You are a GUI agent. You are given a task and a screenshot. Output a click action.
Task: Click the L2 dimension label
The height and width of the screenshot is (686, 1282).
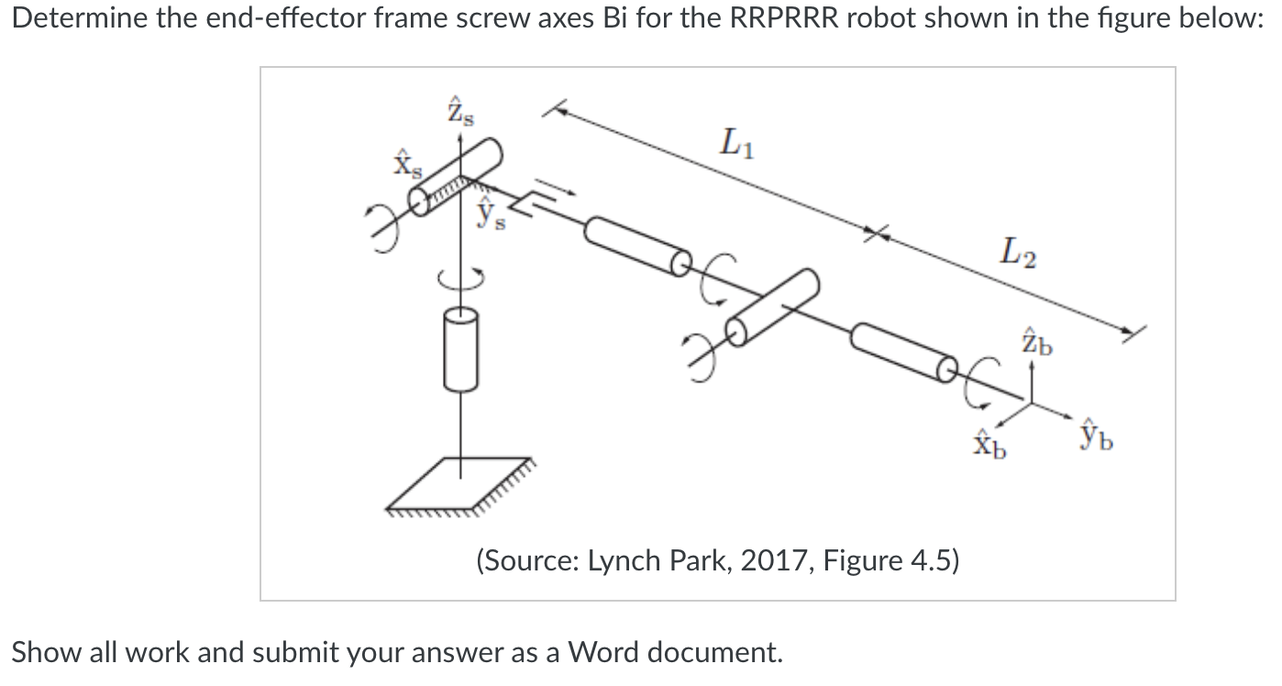pyautogui.click(x=1019, y=250)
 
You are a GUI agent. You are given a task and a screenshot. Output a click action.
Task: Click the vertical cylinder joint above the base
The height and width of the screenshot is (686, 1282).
pyautogui.click(x=460, y=349)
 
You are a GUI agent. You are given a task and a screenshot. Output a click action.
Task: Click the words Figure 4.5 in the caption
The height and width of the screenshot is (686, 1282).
pyautogui.click(x=890, y=559)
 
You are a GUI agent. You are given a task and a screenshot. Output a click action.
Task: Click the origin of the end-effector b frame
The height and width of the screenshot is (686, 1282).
pyautogui.click(x=1031, y=402)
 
